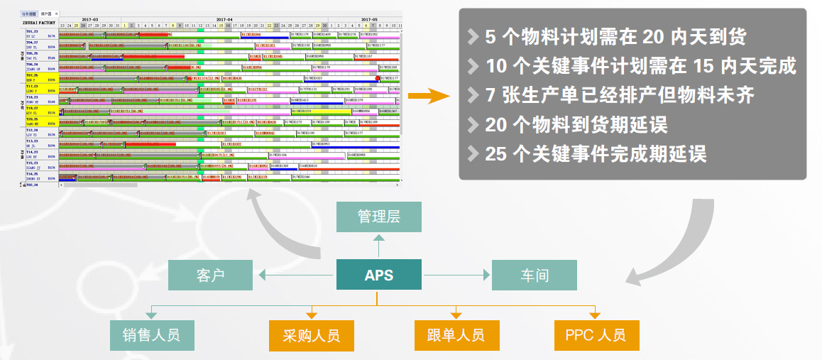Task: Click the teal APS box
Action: tap(378, 275)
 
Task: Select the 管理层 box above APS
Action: tap(378, 217)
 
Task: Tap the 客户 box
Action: tap(210, 276)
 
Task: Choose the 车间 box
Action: tap(534, 276)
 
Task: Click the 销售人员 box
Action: tap(151, 335)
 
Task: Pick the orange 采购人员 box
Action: tap(311, 335)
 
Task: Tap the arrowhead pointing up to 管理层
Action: tap(378, 239)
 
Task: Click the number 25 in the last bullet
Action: tap(497, 153)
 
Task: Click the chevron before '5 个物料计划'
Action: tap(473, 37)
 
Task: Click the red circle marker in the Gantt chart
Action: tap(377, 79)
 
